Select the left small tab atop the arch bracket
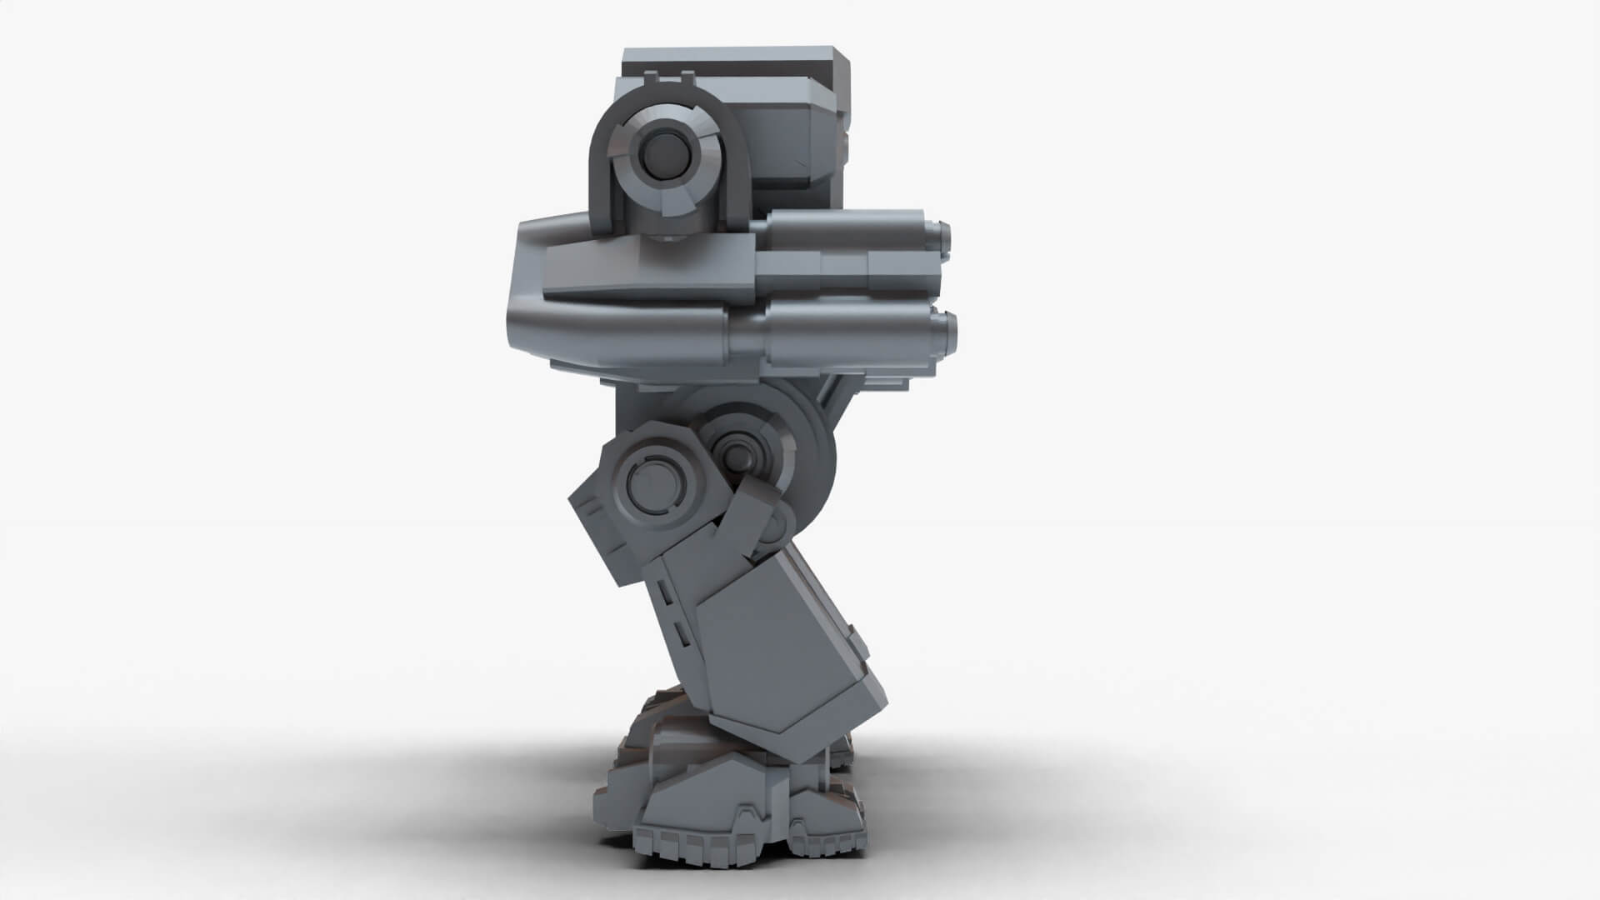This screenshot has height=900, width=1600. point(652,79)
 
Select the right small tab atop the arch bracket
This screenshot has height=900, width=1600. point(687,79)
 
